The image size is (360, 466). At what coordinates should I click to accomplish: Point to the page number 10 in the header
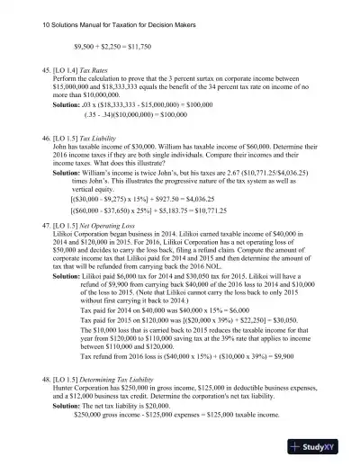(22, 15)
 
